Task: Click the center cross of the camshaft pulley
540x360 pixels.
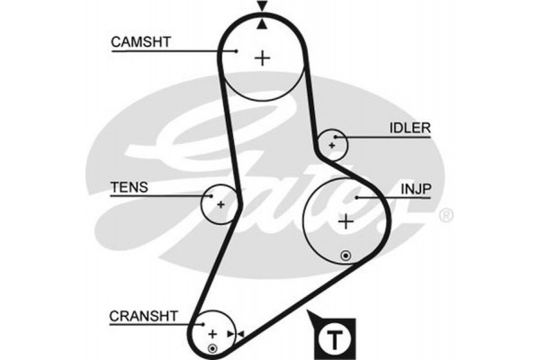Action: [262, 58]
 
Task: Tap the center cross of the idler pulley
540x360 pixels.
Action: [333, 143]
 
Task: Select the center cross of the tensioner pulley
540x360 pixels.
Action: [220, 202]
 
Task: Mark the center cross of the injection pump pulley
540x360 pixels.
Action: [346, 221]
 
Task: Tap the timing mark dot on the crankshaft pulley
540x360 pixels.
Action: [212, 347]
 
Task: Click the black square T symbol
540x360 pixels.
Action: [335, 339]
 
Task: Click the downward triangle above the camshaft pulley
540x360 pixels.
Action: [262, 8]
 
